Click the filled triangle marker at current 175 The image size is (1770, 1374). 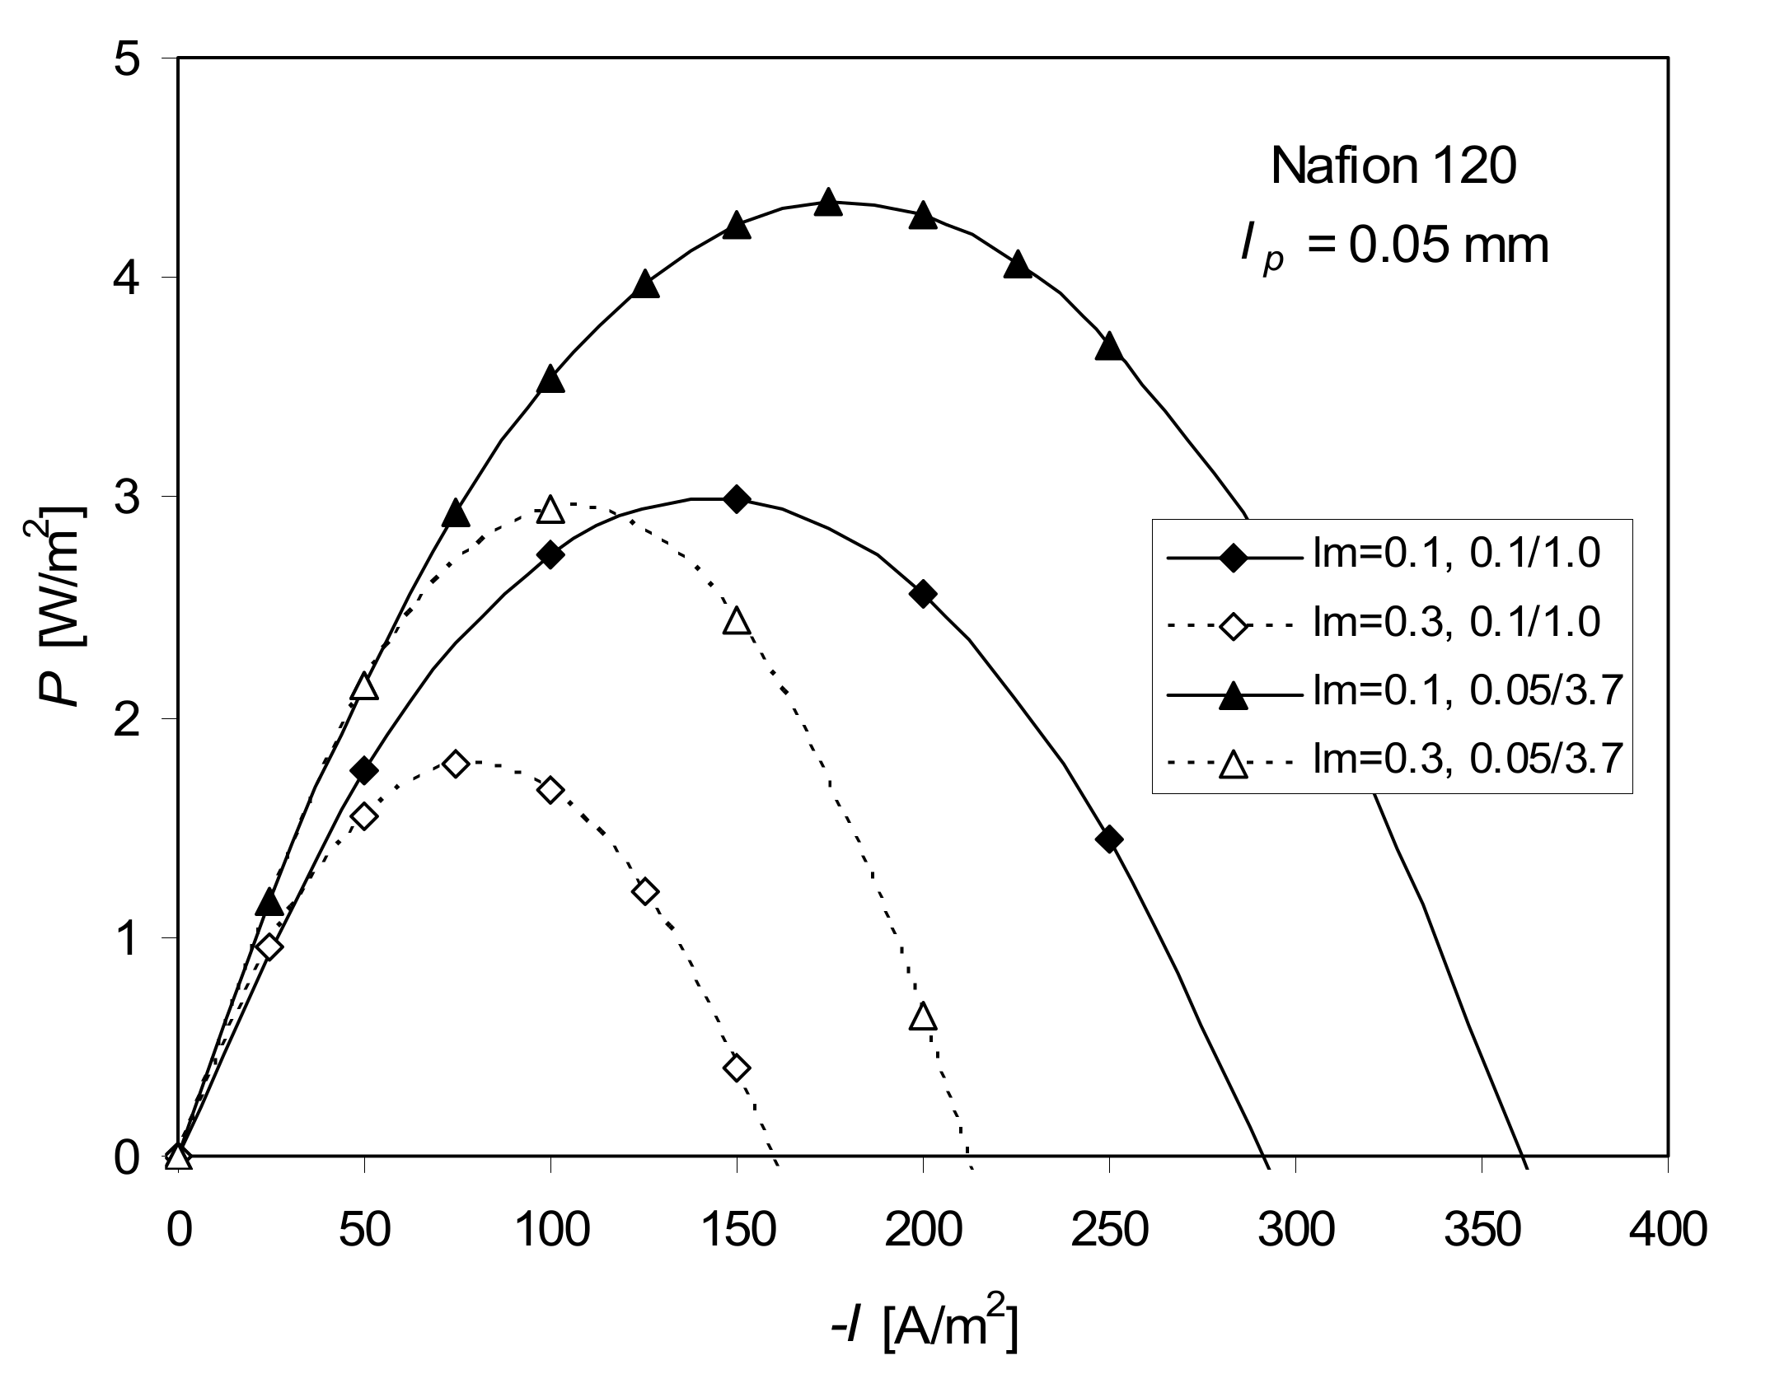(x=829, y=203)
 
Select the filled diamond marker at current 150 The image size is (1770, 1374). (x=737, y=499)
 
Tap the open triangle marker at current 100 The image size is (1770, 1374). (x=550, y=510)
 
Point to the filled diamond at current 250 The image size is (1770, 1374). (x=1109, y=839)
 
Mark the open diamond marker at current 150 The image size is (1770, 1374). (x=737, y=1068)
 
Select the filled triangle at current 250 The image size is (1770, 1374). (x=1109, y=347)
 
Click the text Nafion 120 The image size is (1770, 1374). (x=1393, y=167)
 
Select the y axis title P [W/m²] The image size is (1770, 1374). (x=62, y=607)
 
